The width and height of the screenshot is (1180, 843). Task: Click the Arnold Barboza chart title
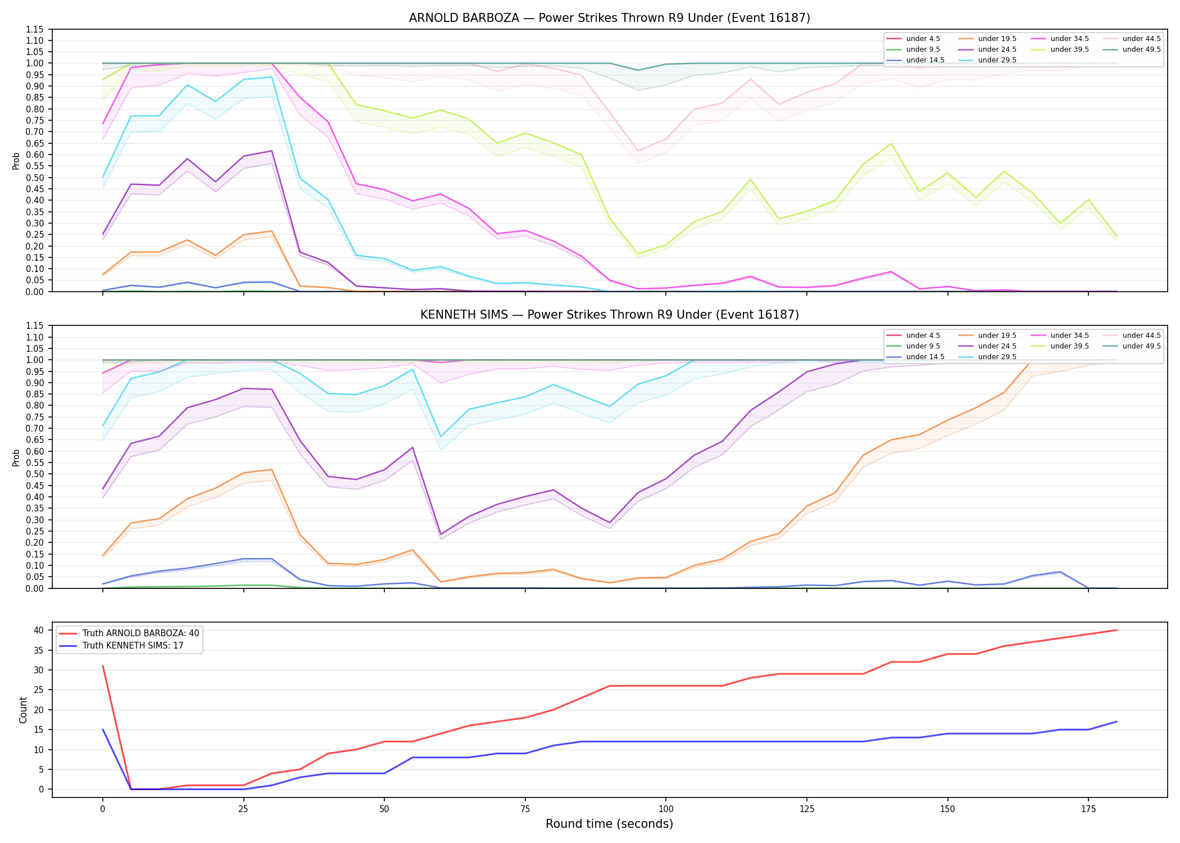pos(609,18)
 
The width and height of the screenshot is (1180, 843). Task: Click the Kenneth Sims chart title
pos(609,315)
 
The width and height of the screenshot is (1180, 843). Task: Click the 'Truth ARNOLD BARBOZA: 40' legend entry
pos(140,633)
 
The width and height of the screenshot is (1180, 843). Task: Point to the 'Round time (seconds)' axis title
pos(609,824)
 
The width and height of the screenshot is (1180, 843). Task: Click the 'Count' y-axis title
pos(23,710)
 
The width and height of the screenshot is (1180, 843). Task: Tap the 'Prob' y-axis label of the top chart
pos(16,161)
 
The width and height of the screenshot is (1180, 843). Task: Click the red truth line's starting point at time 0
pos(103,666)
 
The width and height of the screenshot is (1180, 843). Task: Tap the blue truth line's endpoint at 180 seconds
pos(1117,722)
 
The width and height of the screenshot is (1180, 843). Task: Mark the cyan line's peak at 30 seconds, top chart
pos(272,77)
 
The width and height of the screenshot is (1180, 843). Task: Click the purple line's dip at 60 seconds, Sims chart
pos(441,534)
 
